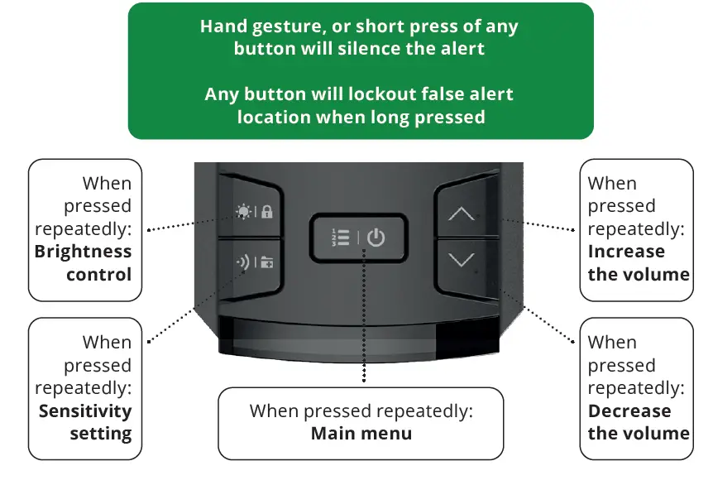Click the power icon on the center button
coord(376,238)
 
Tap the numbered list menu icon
coord(339,238)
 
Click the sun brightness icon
coord(242,211)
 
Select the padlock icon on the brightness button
coord(267,212)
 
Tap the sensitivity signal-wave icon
coord(242,265)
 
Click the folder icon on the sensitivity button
coord(267,266)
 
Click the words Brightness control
coord(84,262)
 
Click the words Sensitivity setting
coord(85,421)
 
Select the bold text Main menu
coord(361,433)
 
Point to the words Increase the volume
coord(638,262)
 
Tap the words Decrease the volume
coord(638,421)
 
